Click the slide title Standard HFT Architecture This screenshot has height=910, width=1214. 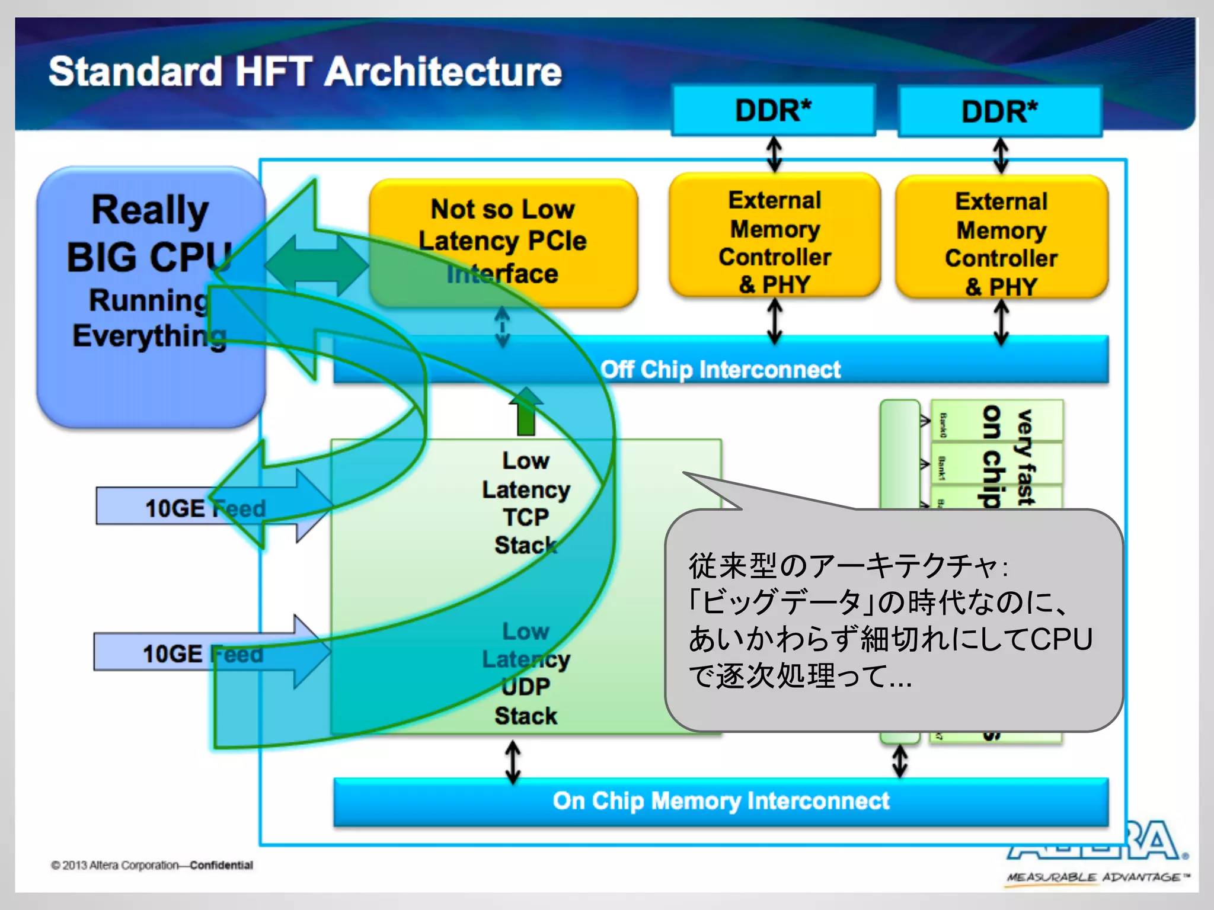(x=305, y=72)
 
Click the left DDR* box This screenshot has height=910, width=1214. (x=773, y=111)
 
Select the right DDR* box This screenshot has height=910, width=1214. (x=999, y=112)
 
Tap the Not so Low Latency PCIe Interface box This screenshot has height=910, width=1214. (x=503, y=242)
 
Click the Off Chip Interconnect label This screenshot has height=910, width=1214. (x=720, y=370)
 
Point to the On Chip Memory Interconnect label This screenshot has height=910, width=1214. (x=720, y=801)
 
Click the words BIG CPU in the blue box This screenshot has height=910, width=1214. (x=148, y=258)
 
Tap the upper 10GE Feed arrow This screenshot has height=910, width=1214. (x=205, y=508)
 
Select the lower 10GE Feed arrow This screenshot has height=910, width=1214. (x=202, y=653)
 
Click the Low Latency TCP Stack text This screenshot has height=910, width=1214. (x=526, y=502)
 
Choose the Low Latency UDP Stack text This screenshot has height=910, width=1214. (x=526, y=674)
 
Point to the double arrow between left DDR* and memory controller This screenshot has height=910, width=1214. (x=774, y=154)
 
